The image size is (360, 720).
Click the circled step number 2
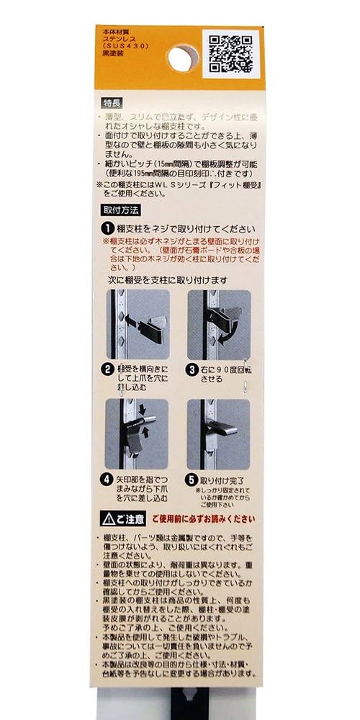[x=107, y=370]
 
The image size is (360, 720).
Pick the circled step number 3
[x=192, y=370]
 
